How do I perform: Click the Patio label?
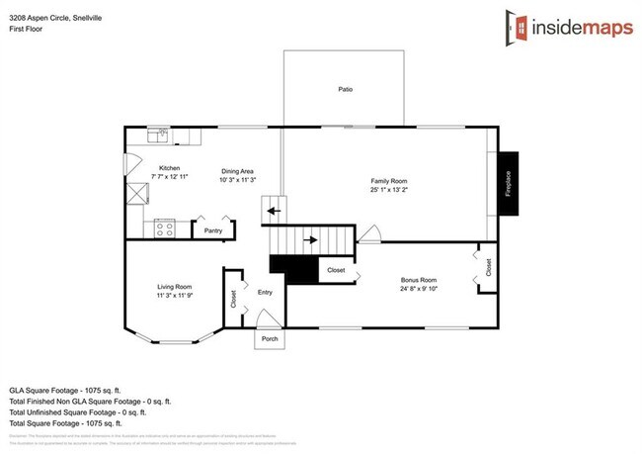(346, 90)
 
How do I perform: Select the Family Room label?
(388, 181)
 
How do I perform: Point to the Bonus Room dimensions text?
(418, 289)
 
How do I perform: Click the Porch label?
(270, 338)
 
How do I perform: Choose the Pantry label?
(213, 230)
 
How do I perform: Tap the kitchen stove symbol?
(165, 229)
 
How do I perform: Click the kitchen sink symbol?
(159, 134)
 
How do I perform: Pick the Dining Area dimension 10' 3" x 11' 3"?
(238, 180)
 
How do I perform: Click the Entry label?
(265, 292)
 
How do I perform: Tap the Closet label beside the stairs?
(336, 269)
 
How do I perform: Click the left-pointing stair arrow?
(277, 210)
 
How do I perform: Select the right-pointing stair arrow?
(312, 239)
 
